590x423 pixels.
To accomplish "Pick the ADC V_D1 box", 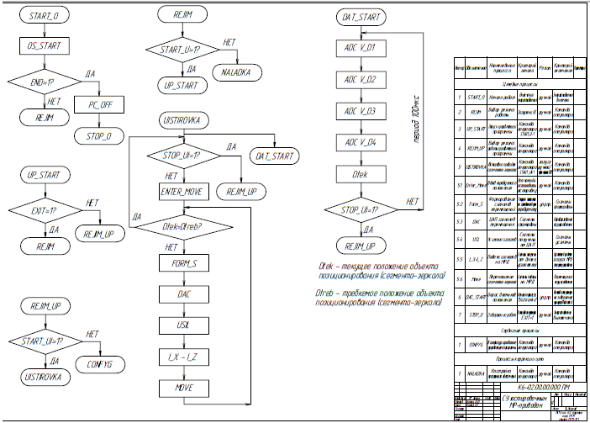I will [x=361, y=48].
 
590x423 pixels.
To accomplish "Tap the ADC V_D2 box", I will [x=361, y=80].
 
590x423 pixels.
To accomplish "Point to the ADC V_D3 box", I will [x=361, y=111].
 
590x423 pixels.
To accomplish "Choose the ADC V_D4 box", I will [x=361, y=142].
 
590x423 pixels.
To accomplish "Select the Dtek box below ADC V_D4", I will [x=361, y=173].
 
